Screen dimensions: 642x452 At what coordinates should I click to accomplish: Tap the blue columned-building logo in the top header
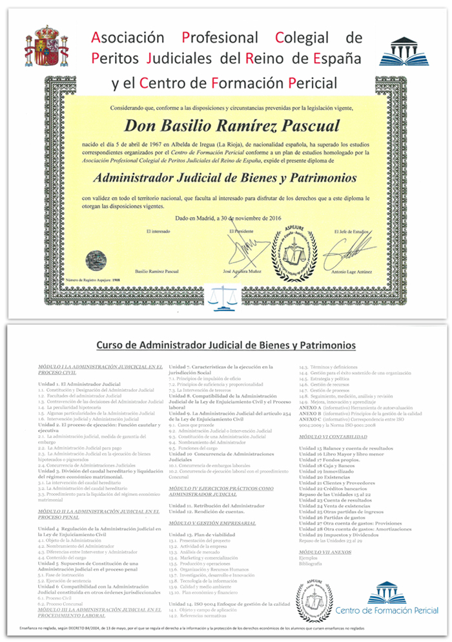coord(403,51)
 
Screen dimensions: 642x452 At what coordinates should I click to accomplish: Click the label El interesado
coord(158,231)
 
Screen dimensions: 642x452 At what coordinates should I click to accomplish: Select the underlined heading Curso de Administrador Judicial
coord(225,346)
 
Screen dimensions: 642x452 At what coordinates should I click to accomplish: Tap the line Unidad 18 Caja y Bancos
coord(327,465)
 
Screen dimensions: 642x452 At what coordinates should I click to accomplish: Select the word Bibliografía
coord(310,563)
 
